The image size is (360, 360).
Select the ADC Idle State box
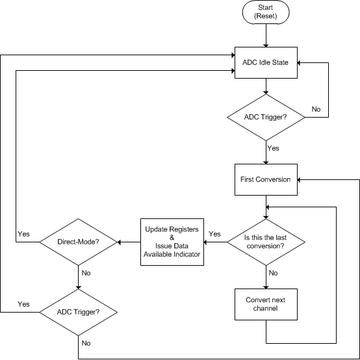(x=266, y=63)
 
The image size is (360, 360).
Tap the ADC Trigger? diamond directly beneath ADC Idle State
(x=266, y=117)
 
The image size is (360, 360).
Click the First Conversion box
(x=266, y=179)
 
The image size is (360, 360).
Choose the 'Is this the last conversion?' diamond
(x=266, y=242)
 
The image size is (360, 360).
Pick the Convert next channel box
(x=266, y=304)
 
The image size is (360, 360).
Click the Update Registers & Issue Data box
(x=172, y=242)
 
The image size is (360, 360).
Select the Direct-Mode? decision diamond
(x=78, y=242)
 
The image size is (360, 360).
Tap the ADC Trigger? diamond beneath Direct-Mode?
(x=78, y=313)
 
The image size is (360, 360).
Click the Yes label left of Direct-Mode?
(x=24, y=233)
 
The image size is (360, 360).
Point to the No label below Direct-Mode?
(x=86, y=274)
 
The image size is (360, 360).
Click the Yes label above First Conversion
(x=274, y=148)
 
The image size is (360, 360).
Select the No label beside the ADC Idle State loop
(x=316, y=109)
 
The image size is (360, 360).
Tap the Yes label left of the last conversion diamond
(x=214, y=234)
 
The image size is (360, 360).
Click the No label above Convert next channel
(x=274, y=274)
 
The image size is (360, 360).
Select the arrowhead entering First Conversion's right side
(x=302, y=179)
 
